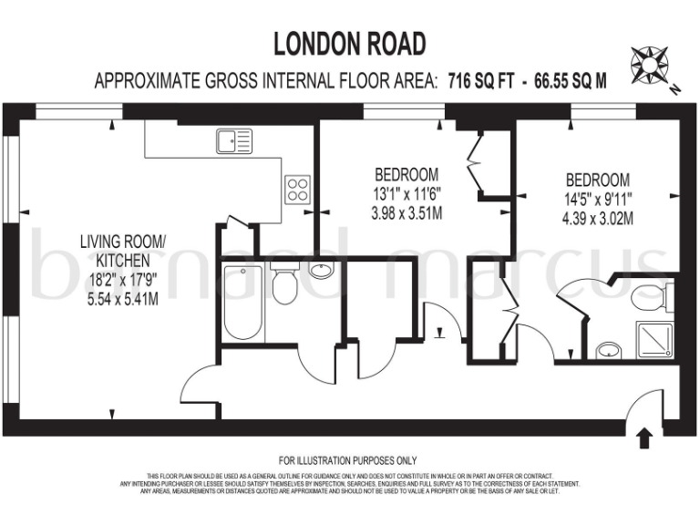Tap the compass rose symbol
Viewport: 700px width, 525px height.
(x=651, y=66)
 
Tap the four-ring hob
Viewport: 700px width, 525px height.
(x=297, y=189)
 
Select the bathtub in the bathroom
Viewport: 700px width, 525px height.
(x=242, y=302)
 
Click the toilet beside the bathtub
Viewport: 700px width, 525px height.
(x=283, y=283)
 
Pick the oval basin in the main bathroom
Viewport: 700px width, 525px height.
(x=321, y=270)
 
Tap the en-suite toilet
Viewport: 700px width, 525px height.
(x=654, y=295)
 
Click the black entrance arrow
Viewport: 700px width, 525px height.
(x=644, y=437)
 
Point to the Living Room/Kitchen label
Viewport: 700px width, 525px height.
(x=123, y=251)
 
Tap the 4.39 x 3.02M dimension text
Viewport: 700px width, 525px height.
(x=598, y=218)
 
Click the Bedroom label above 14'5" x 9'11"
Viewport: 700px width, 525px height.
(x=598, y=180)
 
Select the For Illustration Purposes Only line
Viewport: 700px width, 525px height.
(x=347, y=461)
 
